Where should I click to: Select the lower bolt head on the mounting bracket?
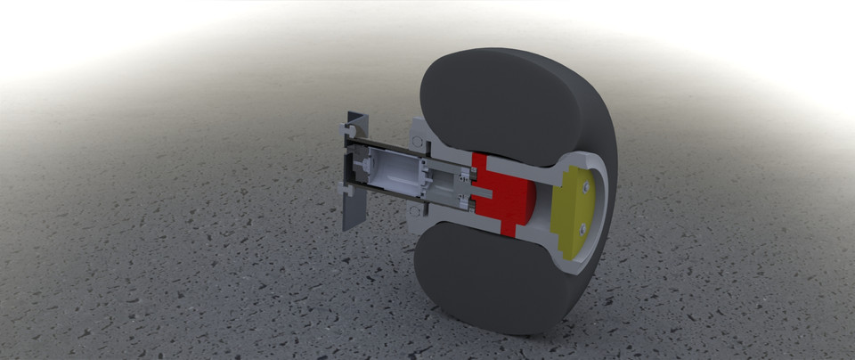point(346,190)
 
